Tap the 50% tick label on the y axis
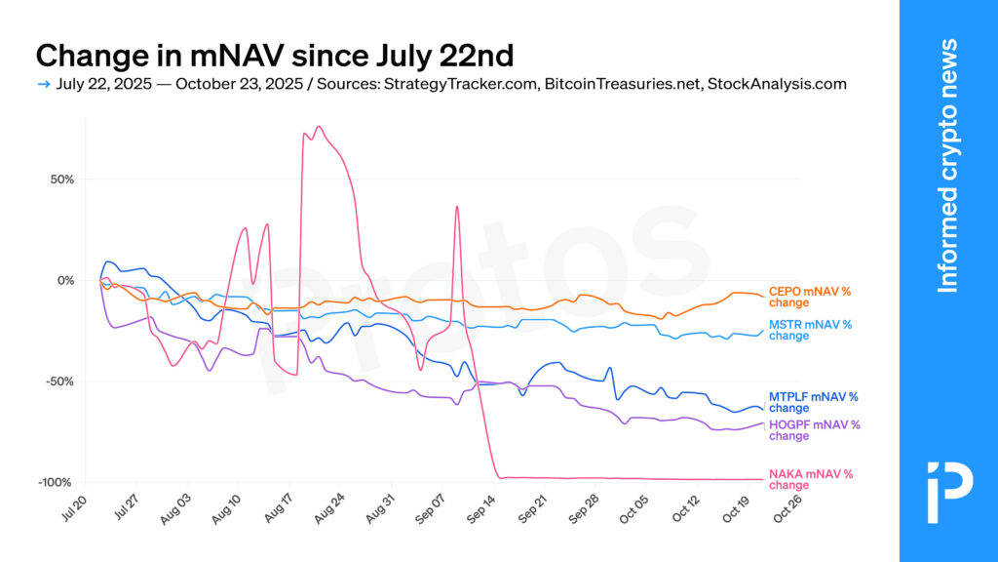click(60, 180)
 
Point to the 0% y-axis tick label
click(65, 281)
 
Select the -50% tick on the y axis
click(58, 381)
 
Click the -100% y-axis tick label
click(56, 482)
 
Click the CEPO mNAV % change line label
click(810, 297)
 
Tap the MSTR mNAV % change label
click(810, 330)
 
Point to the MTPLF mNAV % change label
click(813, 402)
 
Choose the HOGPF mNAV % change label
click(815, 430)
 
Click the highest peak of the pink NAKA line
click(319, 127)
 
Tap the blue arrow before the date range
click(43, 84)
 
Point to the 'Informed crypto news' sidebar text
click(947, 166)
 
